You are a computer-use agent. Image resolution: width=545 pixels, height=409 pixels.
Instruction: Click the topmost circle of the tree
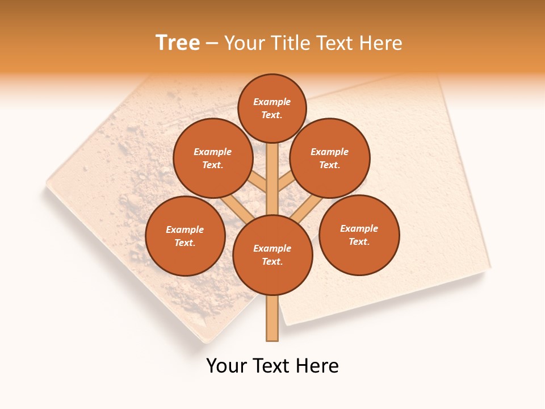point(272,108)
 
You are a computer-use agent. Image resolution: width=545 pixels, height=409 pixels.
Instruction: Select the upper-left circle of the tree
point(212,158)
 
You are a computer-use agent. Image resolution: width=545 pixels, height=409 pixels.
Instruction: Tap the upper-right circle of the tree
point(330,158)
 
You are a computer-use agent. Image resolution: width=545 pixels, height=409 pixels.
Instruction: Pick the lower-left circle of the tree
point(185,236)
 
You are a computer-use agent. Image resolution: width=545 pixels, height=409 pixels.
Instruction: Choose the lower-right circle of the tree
point(359,235)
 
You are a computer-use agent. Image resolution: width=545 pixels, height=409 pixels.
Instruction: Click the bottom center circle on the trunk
point(272,255)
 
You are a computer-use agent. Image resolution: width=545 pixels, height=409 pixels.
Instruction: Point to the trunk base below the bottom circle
point(272,318)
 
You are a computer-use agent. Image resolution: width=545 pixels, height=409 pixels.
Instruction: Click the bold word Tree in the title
point(178,43)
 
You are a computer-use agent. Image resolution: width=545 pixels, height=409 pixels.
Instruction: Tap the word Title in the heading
point(290,43)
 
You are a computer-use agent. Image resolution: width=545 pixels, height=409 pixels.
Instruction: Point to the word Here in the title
point(381,43)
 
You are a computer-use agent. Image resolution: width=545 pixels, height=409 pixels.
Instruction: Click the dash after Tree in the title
point(212,43)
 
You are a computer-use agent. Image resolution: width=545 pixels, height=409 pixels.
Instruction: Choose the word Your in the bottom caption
point(227,366)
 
